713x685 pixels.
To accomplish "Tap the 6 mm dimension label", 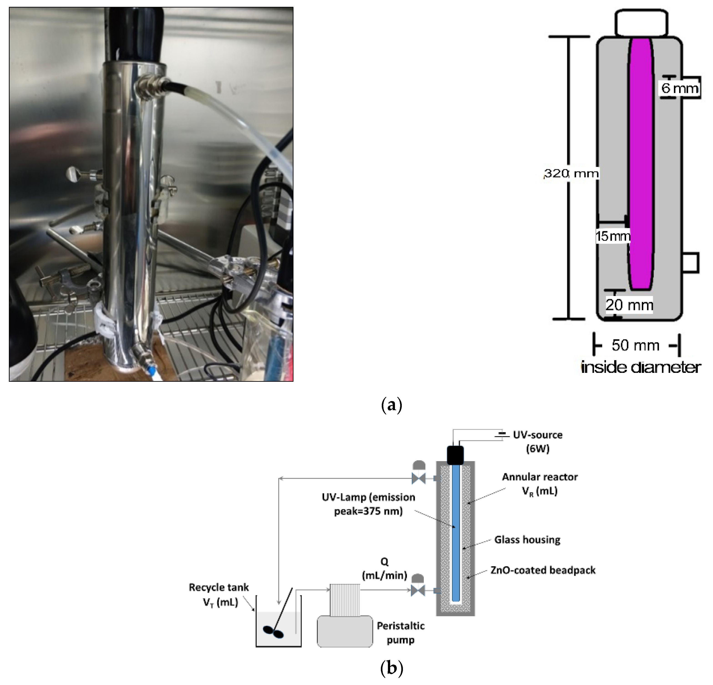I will click(680, 88).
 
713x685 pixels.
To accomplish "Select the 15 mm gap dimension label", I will click(613, 236).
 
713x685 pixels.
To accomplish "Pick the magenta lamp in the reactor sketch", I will click(641, 164).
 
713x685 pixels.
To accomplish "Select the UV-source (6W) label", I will click(538, 442).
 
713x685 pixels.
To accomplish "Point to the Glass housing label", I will click(527, 539).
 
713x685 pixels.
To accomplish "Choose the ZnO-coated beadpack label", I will click(543, 570).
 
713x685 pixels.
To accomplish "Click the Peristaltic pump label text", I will click(400, 633).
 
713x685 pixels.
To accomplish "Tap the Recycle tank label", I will click(219, 595).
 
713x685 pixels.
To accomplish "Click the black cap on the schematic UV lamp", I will click(455, 455).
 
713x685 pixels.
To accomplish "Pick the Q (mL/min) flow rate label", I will click(384, 569).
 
